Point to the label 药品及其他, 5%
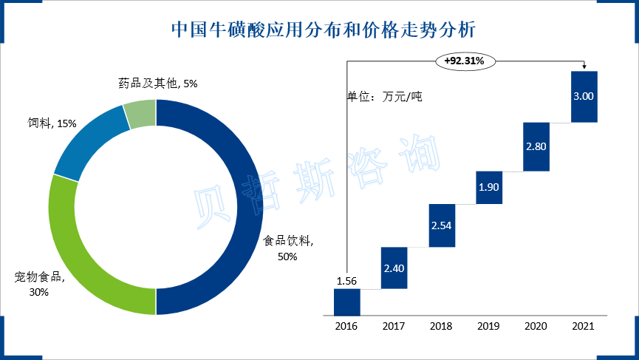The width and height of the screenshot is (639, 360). click(157, 84)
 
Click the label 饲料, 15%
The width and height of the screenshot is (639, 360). click(47, 123)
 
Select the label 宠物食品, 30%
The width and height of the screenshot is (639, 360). click(39, 285)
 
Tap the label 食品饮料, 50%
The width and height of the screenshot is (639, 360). click(288, 248)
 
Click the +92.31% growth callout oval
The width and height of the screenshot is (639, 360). click(465, 61)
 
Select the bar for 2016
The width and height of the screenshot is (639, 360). click(346, 302)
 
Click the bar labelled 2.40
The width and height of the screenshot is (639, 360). click(394, 268)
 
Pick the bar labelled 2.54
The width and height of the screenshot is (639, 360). click(442, 225)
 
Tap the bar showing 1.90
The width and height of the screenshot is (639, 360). click(489, 187)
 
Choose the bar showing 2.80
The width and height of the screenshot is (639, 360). click(536, 146)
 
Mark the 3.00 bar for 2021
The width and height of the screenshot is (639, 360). click(584, 96)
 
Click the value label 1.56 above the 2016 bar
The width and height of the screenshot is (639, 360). click(346, 281)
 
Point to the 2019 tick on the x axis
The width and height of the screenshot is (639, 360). click(489, 325)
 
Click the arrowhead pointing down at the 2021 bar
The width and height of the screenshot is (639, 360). click(584, 67)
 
